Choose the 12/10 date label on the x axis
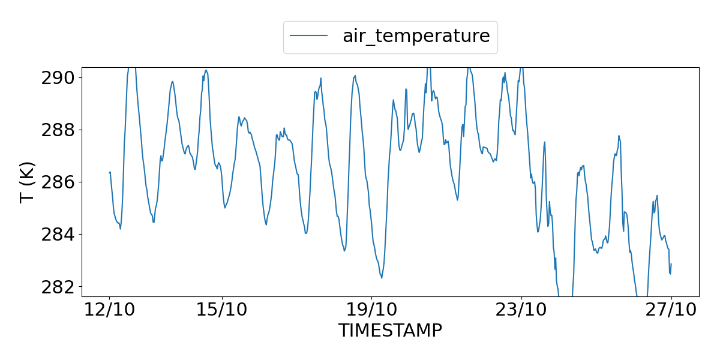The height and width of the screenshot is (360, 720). pyautogui.click(x=109, y=310)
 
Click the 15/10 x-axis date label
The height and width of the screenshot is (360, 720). pyautogui.click(x=222, y=310)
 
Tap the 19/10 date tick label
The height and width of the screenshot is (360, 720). pyautogui.click(x=371, y=310)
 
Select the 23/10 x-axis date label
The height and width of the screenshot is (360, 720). pyautogui.click(x=521, y=310)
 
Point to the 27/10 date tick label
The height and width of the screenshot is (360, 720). pyautogui.click(x=671, y=310)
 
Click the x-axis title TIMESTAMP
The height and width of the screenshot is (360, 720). pyautogui.click(x=390, y=331)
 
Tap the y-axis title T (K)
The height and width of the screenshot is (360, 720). pyautogui.click(x=28, y=182)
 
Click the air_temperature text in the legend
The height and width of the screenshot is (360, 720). pyautogui.click(x=416, y=36)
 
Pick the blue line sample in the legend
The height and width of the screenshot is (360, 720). pyautogui.click(x=309, y=36)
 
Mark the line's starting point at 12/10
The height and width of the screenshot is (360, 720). pyautogui.click(x=109, y=173)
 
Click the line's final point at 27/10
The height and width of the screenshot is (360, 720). pyautogui.click(x=671, y=264)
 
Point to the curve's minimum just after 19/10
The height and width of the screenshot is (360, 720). pyautogui.click(x=382, y=278)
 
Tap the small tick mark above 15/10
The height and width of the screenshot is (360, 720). pyautogui.click(x=222, y=298)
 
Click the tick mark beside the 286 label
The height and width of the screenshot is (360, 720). pyautogui.click(x=80, y=182)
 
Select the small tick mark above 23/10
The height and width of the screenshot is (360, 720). pyautogui.click(x=521, y=298)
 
